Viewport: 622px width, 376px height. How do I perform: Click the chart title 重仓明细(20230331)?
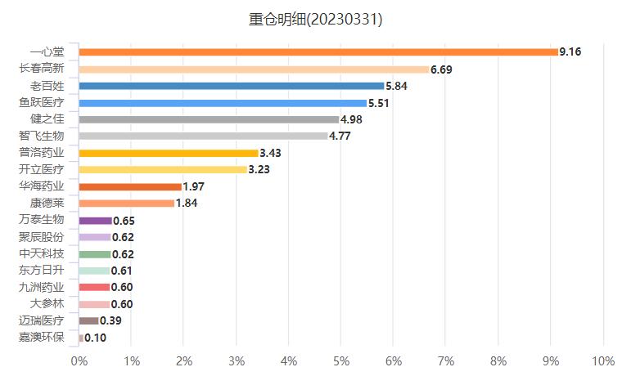[x=315, y=19]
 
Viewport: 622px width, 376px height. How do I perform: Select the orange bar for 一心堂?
[x=318, y=52]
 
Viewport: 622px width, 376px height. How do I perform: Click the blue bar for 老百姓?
[x=232, y=86]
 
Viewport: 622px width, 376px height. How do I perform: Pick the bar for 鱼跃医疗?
[x=223, y=103]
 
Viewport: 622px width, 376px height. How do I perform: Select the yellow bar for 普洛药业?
[x=169, y=153]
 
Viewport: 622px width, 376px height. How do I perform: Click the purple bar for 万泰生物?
[x=96, y=221]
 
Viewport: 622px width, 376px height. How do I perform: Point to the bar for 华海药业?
[x=130, y=187]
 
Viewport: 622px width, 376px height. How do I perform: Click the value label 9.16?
[x=570, y=52]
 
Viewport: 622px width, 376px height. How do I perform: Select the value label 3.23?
[x=259, y=170]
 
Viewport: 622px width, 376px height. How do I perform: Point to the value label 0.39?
[x=110, y=321]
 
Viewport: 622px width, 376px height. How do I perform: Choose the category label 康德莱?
[x=47, y=203]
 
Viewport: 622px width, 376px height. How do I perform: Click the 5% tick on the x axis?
[x=341, y=361]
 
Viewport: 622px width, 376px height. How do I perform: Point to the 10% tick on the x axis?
[x=602, y=361]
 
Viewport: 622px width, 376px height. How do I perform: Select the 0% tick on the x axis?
[x=79, y=361]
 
